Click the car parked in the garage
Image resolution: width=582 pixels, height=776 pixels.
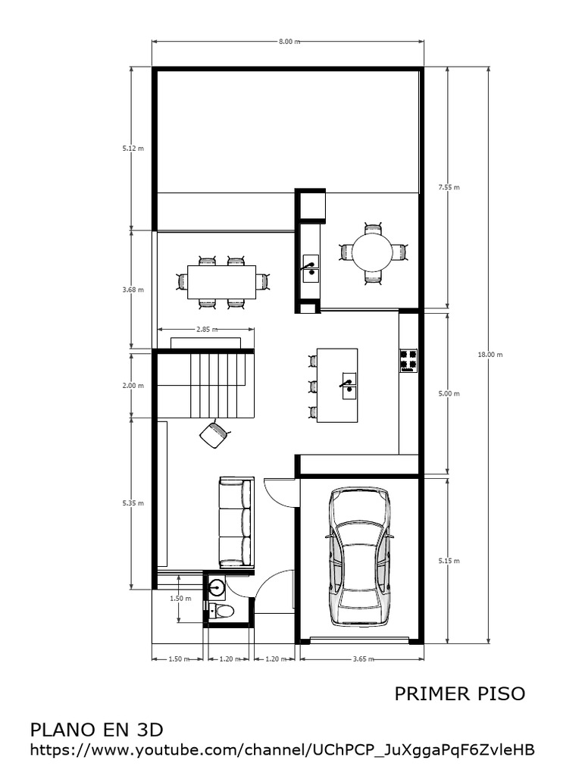tap(361, 557)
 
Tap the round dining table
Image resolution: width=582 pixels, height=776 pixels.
tap(372, 252)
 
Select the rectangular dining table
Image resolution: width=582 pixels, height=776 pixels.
tap(221, 282)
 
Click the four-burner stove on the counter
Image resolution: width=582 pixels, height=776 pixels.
tap(408, 361)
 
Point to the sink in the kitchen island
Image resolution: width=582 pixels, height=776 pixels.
tap(349, 385)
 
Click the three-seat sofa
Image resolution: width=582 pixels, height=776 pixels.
tap(235, 523)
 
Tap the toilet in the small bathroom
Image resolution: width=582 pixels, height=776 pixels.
tap(222, 611)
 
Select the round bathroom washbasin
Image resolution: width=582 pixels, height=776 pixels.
tap(217, 587)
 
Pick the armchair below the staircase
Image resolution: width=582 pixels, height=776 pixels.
tap(214, 433)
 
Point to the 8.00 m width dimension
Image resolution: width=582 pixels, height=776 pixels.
tap(288, 42)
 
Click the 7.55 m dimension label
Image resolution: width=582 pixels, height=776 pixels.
tap(449, 186)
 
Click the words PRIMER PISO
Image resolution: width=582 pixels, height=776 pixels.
tap(459, 694)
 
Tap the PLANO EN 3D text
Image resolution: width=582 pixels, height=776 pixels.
tap(97, 730)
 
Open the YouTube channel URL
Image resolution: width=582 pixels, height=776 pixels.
tap(283, 750)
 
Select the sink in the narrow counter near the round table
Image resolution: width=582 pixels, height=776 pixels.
tap(311, 268)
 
